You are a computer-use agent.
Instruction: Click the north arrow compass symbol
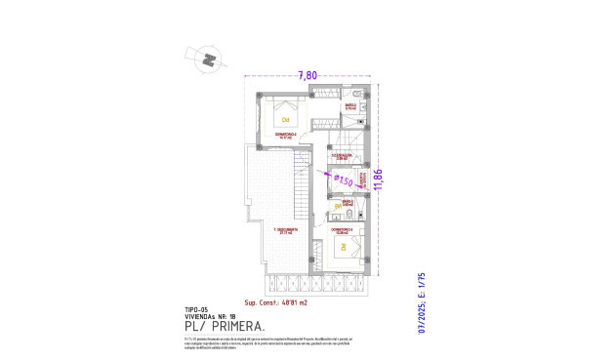(x=208, y=59)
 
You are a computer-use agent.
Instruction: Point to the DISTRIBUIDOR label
(x=340, y=156)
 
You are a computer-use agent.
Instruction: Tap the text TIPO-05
(x=197, y=309)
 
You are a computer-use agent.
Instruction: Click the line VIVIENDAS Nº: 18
(x=209, y=316)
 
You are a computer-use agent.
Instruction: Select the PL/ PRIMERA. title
(x=220, y=327)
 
